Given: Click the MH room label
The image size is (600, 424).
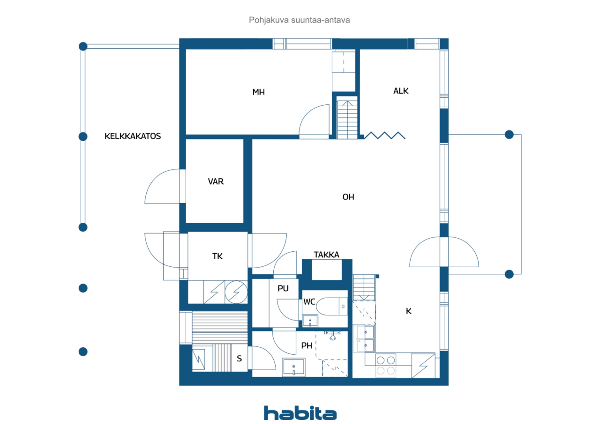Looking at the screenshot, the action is tap(258, 92).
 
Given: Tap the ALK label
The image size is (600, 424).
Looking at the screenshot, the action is tap(401, 91).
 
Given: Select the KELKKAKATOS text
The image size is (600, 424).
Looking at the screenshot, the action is tap(133, 136).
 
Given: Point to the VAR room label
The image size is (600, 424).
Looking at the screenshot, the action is tap(216, 182).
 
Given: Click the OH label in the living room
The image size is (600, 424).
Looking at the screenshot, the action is tap(348, 197).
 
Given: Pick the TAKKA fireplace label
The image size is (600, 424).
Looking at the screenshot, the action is tap(327, 255).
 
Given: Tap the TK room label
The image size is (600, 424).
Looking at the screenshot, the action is tap(217, 256).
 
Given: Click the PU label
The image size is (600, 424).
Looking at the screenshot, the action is tap(283, 288).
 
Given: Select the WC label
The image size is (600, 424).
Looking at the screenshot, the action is tap(309, 302).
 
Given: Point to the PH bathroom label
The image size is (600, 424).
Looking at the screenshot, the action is tap(307, 346).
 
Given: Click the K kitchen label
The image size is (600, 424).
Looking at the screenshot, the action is tap(408, 311).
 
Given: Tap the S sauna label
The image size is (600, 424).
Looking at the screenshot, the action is tap(239, 358).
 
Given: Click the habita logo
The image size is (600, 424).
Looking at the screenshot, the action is tap(300, 413).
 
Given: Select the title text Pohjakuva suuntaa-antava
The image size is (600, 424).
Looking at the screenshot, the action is tap(299, 20).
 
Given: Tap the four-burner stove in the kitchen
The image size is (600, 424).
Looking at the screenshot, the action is tap(386, 365).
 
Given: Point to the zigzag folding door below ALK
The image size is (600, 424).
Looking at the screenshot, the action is tap(385, 136).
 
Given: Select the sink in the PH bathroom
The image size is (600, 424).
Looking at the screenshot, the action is tap(294, 367).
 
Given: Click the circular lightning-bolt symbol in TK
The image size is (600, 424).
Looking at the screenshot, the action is tap(236, 292).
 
